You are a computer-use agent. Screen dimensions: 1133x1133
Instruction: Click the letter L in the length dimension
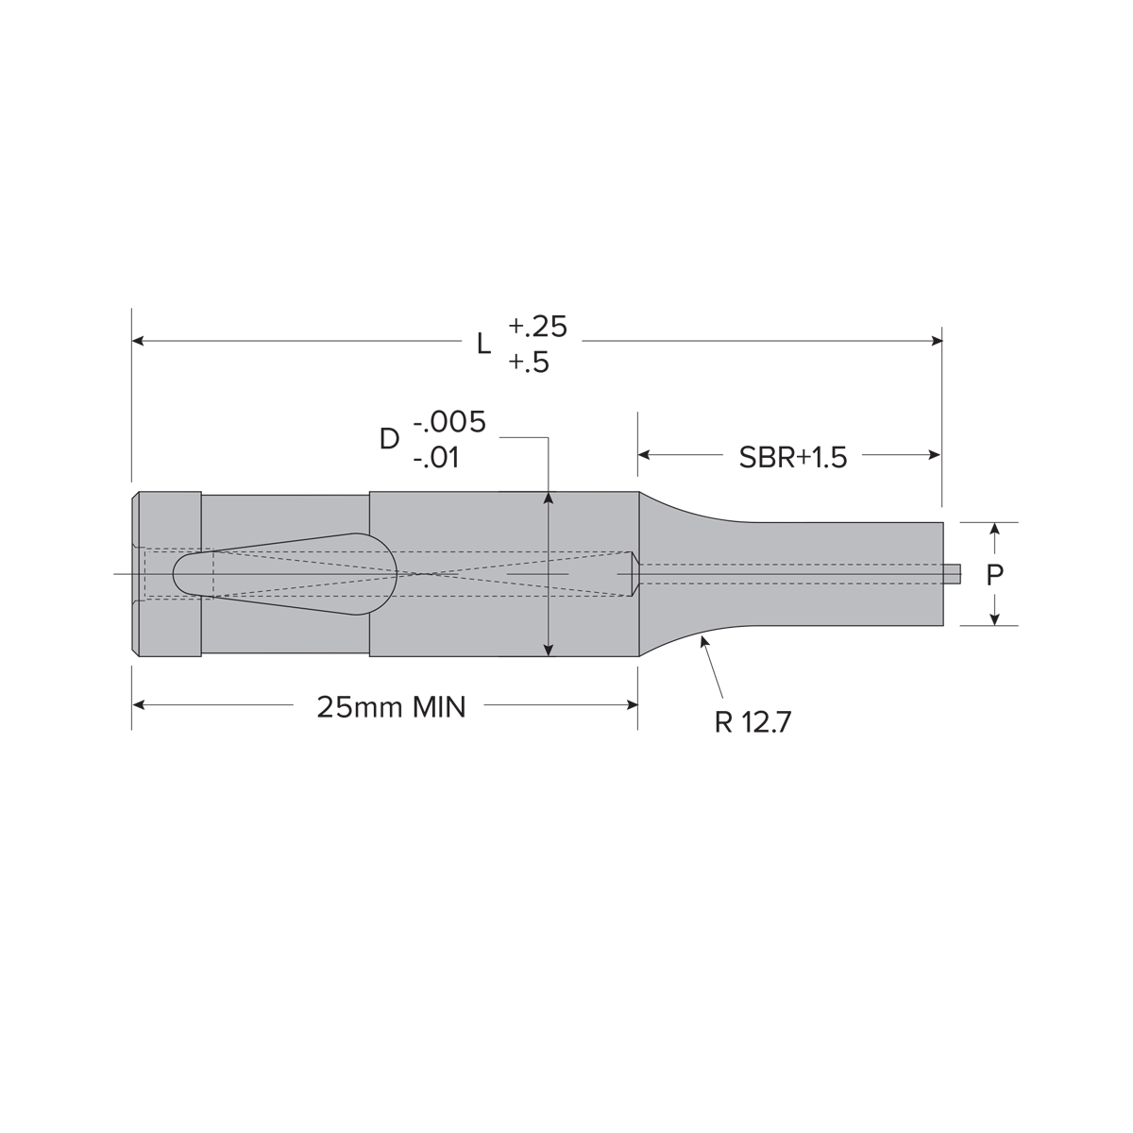click(x=483, y=344)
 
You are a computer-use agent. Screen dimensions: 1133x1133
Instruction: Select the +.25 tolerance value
click(x=537, y=327)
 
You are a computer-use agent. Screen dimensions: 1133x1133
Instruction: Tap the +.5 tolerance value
click(x=529, y=363)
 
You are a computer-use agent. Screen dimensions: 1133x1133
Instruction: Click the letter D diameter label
click(x=389, y=439)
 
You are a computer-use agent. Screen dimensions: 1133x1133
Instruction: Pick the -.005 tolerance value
click(x=449, y=422)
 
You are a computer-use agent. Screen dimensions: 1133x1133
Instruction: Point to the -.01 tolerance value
click(x=435, y=458)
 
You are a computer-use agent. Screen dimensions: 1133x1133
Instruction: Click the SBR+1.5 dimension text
click(x=792, y=457)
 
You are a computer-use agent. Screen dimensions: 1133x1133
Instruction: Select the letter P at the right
click(x=994, y=575)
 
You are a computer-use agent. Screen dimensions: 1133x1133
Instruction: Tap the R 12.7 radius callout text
click(x=753, y=722)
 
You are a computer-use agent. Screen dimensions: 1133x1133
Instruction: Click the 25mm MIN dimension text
click(x=391, y=707)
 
